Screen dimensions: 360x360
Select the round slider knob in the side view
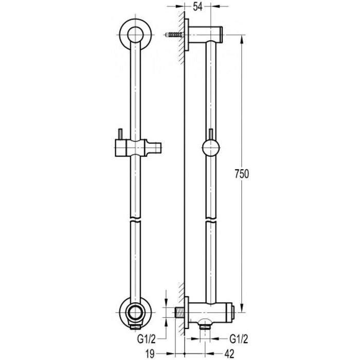210,149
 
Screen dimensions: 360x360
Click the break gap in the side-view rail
211,221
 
